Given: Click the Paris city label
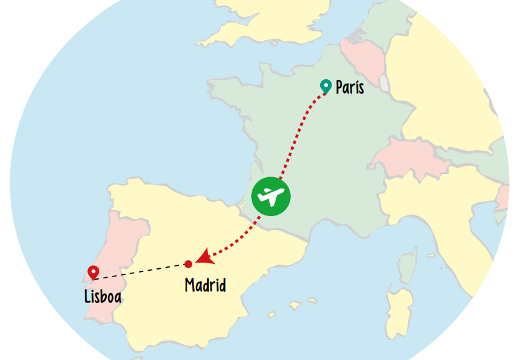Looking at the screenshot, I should click(350, 87).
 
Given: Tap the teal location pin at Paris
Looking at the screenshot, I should click(326, 86).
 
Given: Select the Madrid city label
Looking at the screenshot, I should click(205, 285).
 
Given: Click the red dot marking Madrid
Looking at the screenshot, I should click(188, 264).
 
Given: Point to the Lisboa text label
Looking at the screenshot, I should click(103, 296).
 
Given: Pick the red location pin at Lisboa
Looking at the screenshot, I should click(94, 272).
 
